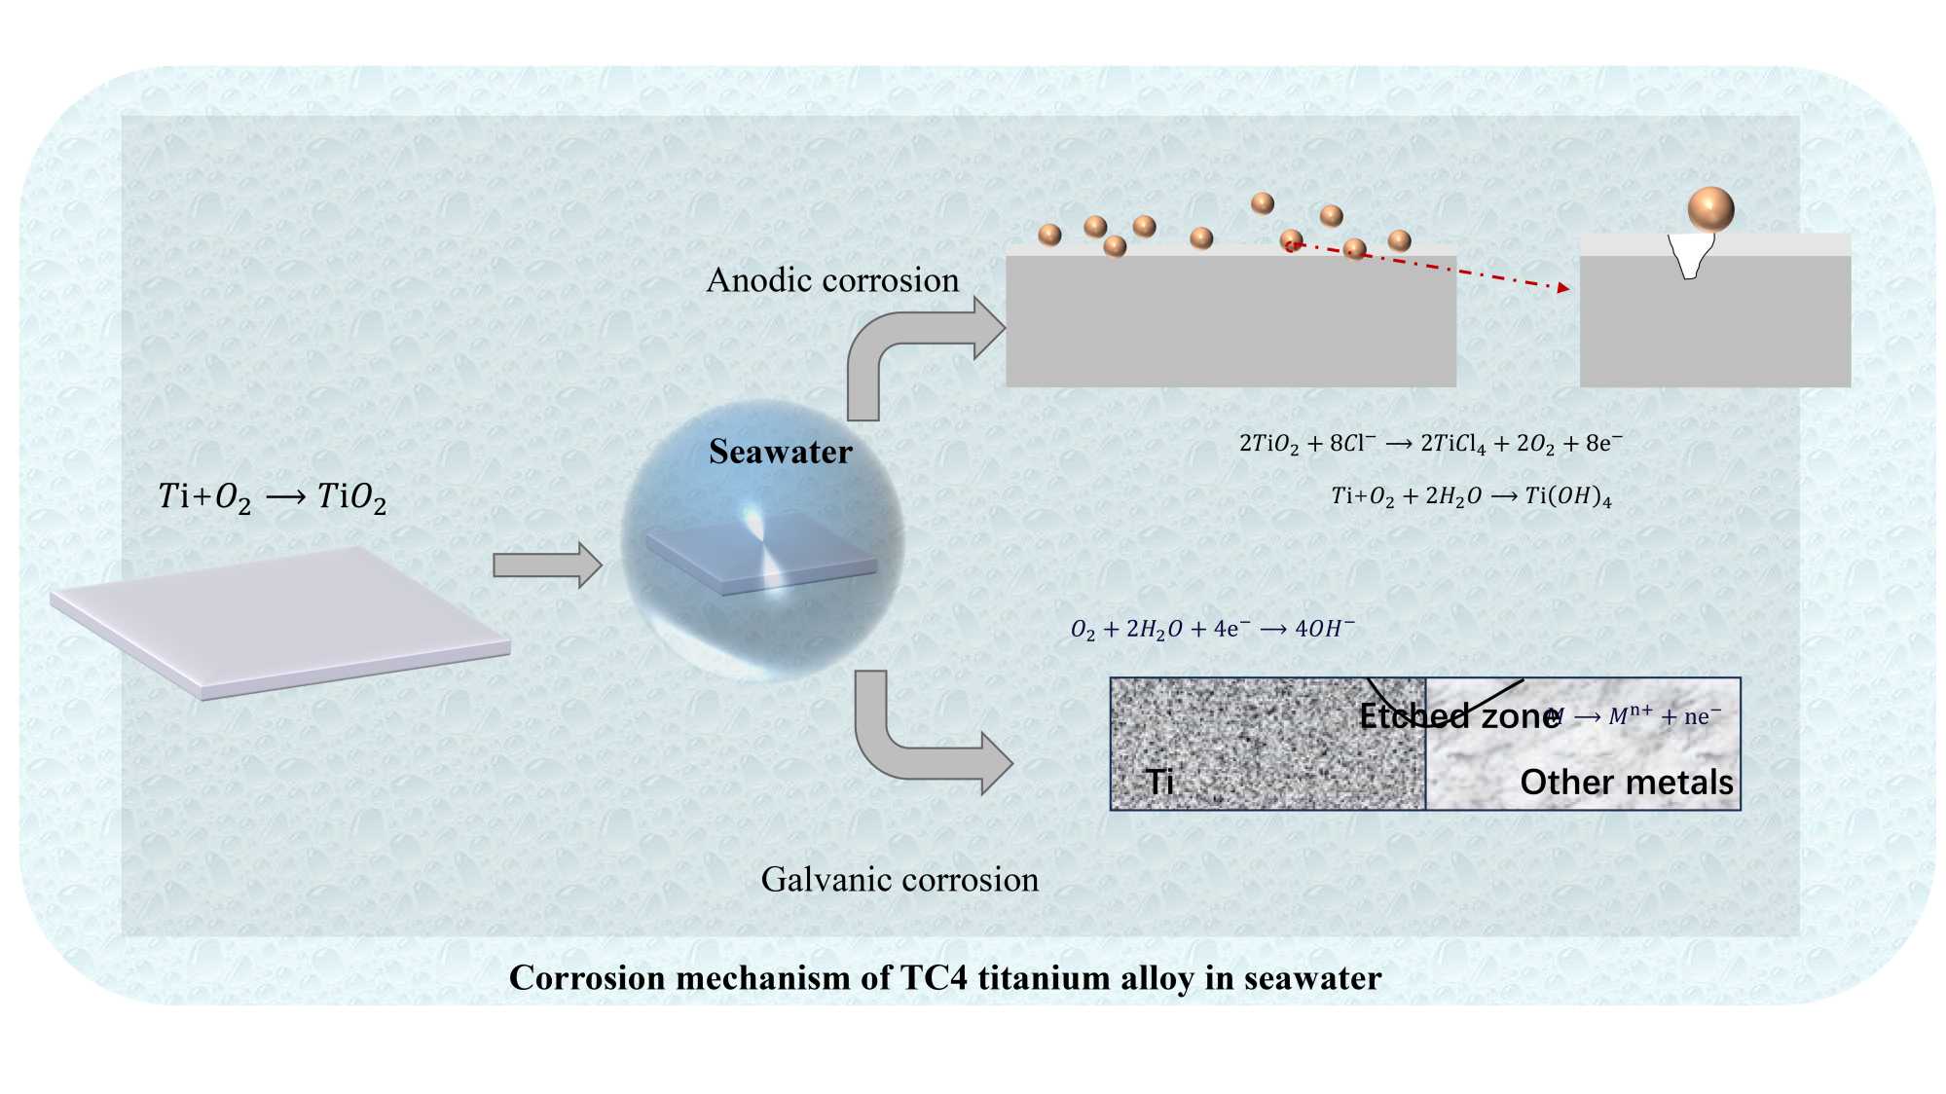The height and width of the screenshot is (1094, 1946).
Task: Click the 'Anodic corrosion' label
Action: point(832,280)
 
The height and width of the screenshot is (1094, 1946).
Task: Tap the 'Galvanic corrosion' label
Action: point(900,880)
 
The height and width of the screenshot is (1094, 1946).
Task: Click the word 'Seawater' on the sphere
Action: point(780,452)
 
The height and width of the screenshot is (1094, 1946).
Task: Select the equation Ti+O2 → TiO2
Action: point(273,497)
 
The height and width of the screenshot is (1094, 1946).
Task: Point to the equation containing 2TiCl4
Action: point(1430,444)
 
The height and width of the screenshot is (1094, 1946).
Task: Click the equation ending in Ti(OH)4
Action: point(1471,496)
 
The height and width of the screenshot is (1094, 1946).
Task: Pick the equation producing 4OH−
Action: point(1212,630)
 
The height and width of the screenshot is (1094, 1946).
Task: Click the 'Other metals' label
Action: point(1626,783)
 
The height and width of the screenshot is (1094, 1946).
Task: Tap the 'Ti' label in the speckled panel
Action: point(1158,782)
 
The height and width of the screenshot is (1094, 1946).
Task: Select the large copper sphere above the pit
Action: point(1710,209)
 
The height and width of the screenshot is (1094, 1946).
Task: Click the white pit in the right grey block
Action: point(1691,255)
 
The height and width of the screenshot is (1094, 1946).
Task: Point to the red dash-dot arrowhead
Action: point(1562,287)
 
